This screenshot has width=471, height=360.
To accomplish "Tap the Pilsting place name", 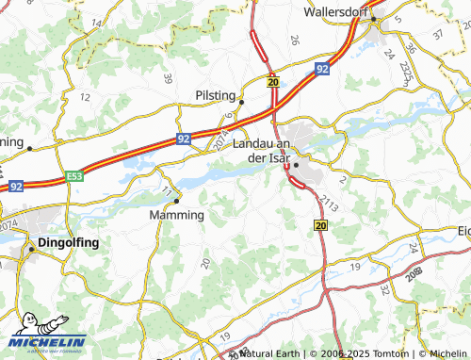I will click(216, 95).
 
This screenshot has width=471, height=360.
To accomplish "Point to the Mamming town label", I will click(177, 215).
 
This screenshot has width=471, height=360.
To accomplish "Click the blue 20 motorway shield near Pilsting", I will click(273, 82).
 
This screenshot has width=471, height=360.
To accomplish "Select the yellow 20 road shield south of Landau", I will click(319, 225).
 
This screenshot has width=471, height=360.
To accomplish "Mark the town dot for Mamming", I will click(176, 200).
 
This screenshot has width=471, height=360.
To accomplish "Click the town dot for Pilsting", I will click(241, 102).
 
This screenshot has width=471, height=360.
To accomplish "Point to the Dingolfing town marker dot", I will click(30, 249).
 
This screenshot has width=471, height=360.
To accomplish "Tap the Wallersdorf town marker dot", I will click(374, 19).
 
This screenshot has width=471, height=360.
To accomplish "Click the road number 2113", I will click(327, 201).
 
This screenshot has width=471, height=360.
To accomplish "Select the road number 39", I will click(168, 79).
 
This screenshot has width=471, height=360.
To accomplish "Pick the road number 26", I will click(295, 40).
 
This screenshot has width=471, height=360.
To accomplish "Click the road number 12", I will click(85, 97).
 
